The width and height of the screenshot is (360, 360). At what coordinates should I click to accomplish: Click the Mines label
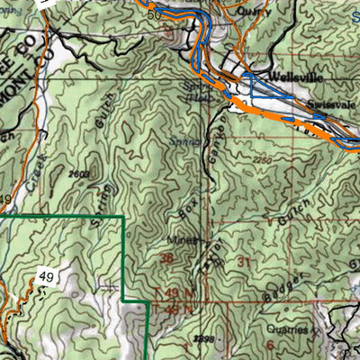point(183,241)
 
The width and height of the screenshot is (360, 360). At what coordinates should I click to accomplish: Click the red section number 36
point(166,258)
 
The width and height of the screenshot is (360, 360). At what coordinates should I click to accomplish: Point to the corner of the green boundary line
point(122,218)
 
